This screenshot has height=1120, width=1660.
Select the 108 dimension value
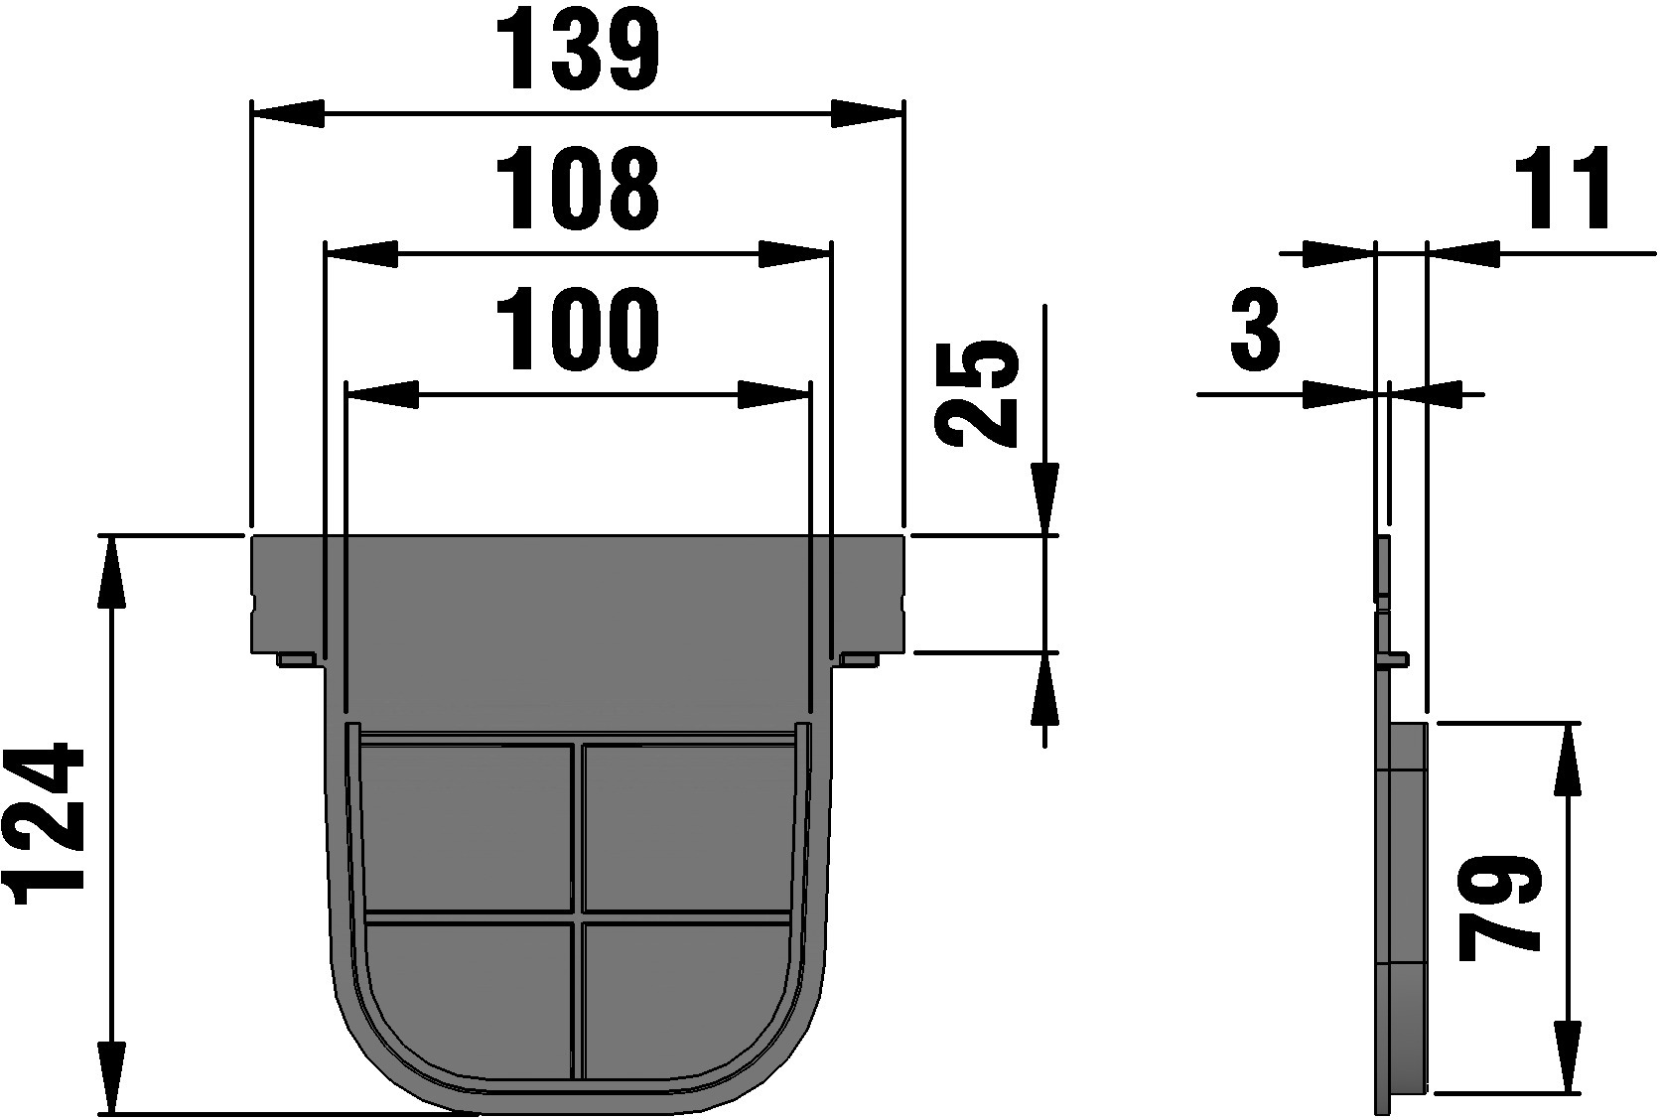pos(577,189)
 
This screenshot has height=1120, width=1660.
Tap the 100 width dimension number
pos(577,329)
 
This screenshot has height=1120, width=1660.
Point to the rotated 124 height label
pos(45,824)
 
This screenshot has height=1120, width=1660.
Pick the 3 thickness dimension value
pos(1255,329)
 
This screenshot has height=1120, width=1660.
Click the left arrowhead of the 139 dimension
pos(288,114)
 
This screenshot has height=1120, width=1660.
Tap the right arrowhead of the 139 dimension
pos(867,114)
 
